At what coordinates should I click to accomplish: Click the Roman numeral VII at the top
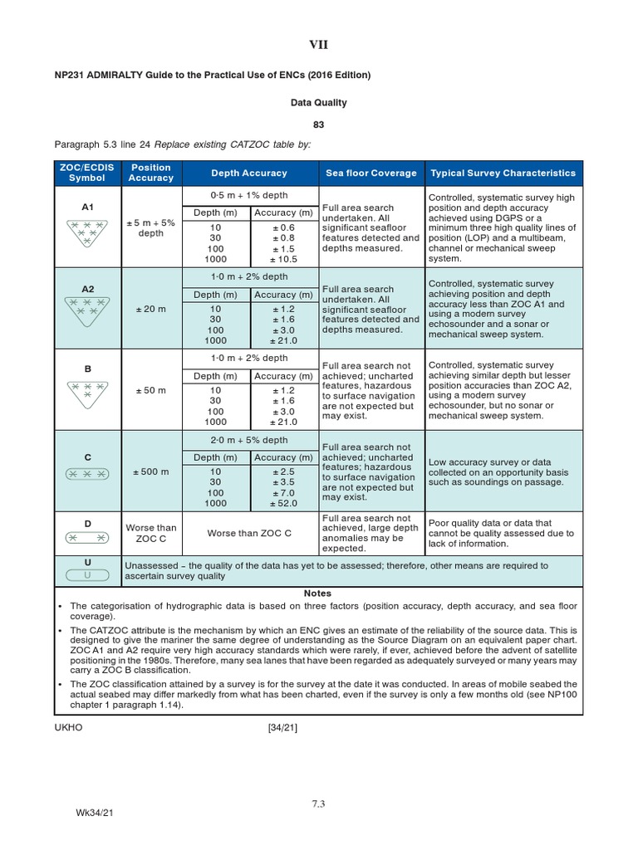(x=318, y=45)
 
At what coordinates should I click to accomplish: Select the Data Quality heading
(x=318, y=103)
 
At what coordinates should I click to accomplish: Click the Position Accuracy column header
(x=151, y=173)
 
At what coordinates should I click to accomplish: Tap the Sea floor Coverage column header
(x=371, y=173)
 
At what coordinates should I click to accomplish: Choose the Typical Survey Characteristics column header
(x=503, y=173)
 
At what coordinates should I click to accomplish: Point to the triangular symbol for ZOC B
(x=87, y=391)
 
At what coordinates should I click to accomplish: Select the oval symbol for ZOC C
(x=87, y=473)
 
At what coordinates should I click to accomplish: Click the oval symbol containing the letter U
(x=87, y=575)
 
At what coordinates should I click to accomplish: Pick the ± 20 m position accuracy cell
(x=151, y=310)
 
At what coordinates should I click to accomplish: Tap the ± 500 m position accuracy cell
(x=151, y=472)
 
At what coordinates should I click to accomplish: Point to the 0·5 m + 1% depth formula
(x=250, y=195)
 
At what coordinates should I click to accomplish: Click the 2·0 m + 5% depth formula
(x=250, y=440)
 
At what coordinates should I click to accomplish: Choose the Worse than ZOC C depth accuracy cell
(x=249, y=533)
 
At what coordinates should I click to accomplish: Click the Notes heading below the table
(x=317, y=594)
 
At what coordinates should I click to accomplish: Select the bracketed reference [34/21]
(x=282, y=728)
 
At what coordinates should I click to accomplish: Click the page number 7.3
(x=318, y=804)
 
